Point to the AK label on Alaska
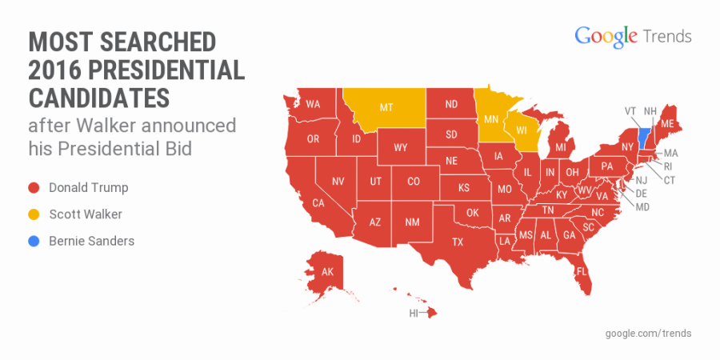coord(327,272)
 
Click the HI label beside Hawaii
coord(414,314)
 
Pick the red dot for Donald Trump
coord(34,188)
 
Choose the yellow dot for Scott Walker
coord(34,214)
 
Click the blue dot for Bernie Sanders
coord(34,241)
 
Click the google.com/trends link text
coord(648,333)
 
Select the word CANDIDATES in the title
coord(99,98)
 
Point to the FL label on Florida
coord(582,271)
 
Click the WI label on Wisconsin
coord(522,130)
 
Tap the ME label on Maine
coord(666,124)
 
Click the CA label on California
coord(318,203)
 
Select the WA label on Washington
coord(313,104)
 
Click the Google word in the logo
coord(606,37)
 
